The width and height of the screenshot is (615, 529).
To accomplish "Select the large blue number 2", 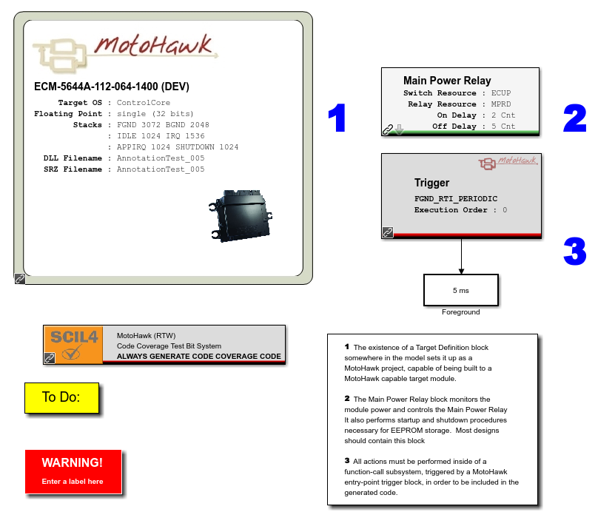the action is coord(574,118).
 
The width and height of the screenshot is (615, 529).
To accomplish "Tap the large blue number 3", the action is coord(574,251).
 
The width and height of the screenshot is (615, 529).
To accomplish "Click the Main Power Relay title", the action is coord(447,81).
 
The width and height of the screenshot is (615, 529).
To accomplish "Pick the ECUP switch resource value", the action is coord(501,93).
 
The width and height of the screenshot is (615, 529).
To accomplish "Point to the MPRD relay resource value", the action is coord(501,104).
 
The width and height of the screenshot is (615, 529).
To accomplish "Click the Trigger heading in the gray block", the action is coord(432,183).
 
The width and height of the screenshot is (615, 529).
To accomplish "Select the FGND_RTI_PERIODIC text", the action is coord(456,199).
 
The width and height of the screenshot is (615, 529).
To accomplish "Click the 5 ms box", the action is coord(461,290).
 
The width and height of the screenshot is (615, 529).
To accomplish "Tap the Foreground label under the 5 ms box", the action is coord(461,312).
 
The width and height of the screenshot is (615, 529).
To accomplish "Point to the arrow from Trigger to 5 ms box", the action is coord(461,256).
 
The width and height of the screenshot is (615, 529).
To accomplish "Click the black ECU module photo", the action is coord(241,215).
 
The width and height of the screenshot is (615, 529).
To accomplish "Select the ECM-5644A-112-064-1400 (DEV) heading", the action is coord(112,87).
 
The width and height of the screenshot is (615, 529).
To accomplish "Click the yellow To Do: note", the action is coord(61,397).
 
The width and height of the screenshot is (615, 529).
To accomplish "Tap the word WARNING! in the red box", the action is coord(73,462).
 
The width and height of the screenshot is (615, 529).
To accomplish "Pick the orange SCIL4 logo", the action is coord(73,345).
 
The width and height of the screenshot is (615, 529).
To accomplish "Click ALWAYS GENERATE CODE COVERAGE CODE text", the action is coord(199,356).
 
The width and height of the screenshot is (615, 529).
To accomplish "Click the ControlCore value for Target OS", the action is coord(144,103).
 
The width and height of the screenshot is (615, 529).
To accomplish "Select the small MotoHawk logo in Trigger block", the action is coord(508,162).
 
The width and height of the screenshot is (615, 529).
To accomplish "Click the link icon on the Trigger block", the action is coord(388,232).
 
